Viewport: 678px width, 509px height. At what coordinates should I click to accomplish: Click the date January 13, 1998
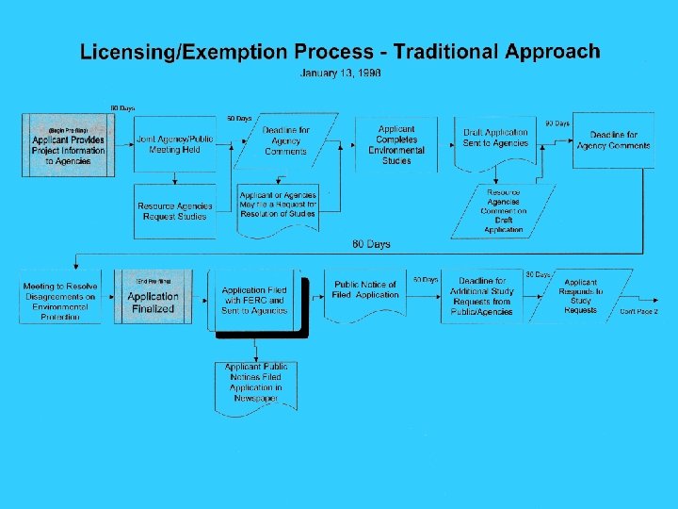pos(339,73)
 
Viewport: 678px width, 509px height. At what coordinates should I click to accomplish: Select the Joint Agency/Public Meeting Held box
pos(174,144)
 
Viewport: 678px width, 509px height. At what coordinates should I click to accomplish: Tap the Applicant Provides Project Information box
pos(69,145)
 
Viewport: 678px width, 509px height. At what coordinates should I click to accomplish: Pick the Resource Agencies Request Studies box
pos(174,211)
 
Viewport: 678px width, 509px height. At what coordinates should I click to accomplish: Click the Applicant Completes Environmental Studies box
pos(396,144)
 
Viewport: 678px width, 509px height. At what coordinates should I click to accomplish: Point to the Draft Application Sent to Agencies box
pos(495,140)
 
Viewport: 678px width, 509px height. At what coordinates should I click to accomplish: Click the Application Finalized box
pos(153,298)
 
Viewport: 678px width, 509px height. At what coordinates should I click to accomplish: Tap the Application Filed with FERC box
pos(254,300)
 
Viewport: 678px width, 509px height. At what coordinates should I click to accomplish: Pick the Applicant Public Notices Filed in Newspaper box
pos(254,383)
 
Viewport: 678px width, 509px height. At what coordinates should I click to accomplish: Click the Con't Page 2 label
pos(639,311)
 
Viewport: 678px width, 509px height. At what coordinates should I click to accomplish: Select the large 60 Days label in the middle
pos(371,245)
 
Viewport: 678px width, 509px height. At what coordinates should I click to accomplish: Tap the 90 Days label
pos(557,123)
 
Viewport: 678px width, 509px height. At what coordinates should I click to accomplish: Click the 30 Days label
pos(538,273)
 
